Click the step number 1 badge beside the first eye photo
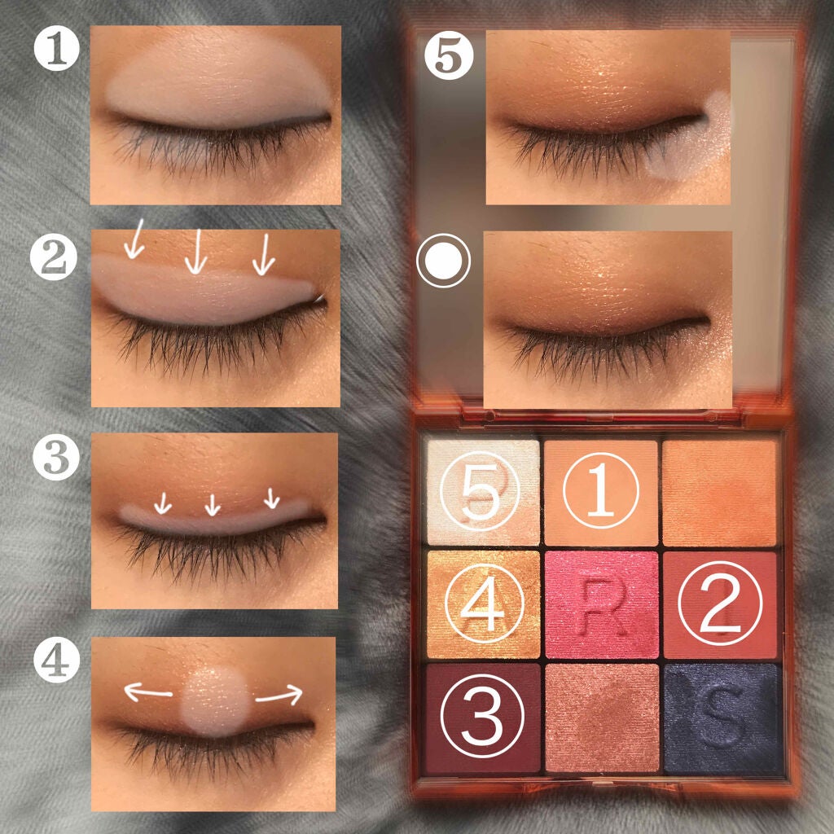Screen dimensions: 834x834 tap(57, 50)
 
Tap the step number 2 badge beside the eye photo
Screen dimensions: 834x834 tap(54, 257)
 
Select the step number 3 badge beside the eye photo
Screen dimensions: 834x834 tap(56, 458)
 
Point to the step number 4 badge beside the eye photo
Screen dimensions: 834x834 tap(56, 660)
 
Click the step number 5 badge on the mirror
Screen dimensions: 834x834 tap(449, 55)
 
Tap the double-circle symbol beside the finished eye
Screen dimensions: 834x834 tap(444, 261)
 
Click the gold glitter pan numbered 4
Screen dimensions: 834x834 tap(483, 604)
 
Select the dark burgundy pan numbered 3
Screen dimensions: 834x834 tap(482, 717)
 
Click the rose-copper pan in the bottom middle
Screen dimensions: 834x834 tap(602, 717)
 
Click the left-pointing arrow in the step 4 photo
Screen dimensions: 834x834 tap(148, 692)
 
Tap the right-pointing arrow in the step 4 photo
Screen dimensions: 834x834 tap(279, 695)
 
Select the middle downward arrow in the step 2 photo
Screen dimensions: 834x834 tap(196, 251)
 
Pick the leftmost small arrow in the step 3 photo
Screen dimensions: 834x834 tap(163, 503)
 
